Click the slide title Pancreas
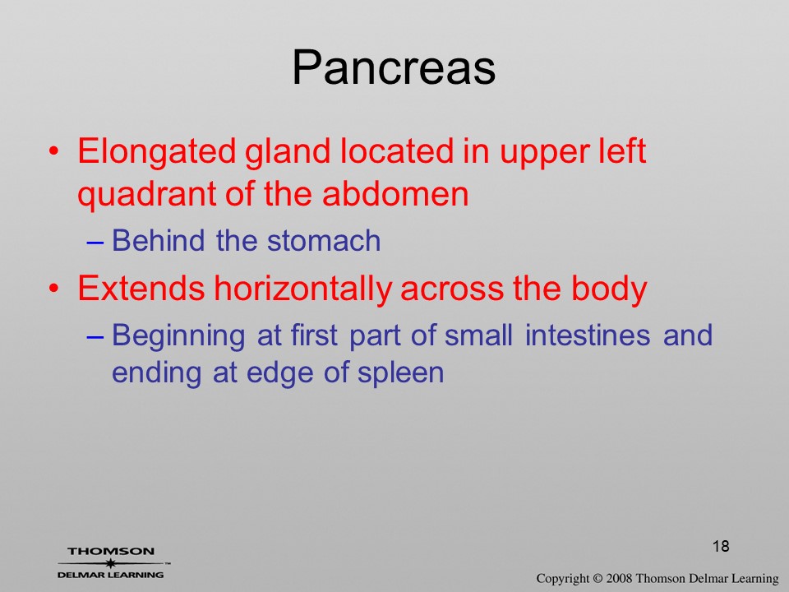coord(394,67)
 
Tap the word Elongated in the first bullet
coord(156,152)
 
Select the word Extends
coord(141,288)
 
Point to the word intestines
coord(587,335)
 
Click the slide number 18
coord(721,546)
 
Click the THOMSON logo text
coord(111,551)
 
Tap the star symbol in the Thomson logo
coord(110,563)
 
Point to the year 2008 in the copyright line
coord(620,578)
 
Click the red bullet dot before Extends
coord(54,289)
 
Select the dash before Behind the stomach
coord(95,242)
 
